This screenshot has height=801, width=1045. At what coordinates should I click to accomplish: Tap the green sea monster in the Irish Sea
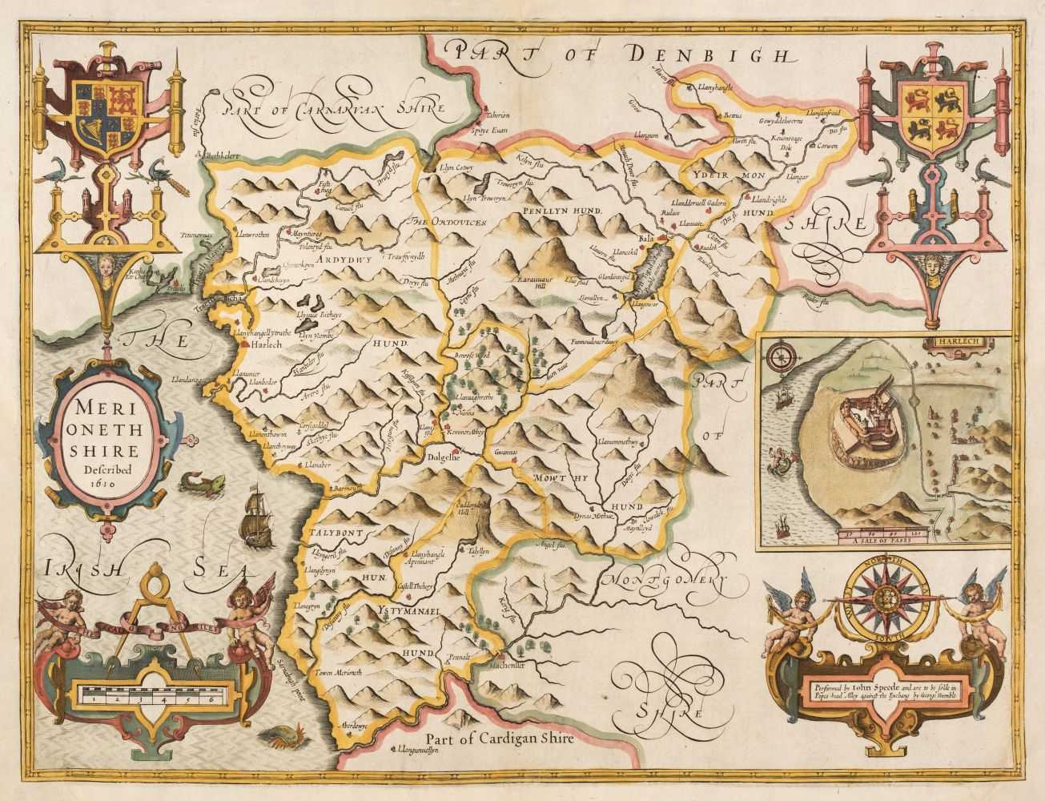tap(189, 482)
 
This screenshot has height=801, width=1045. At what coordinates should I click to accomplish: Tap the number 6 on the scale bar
tap(210, 699)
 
